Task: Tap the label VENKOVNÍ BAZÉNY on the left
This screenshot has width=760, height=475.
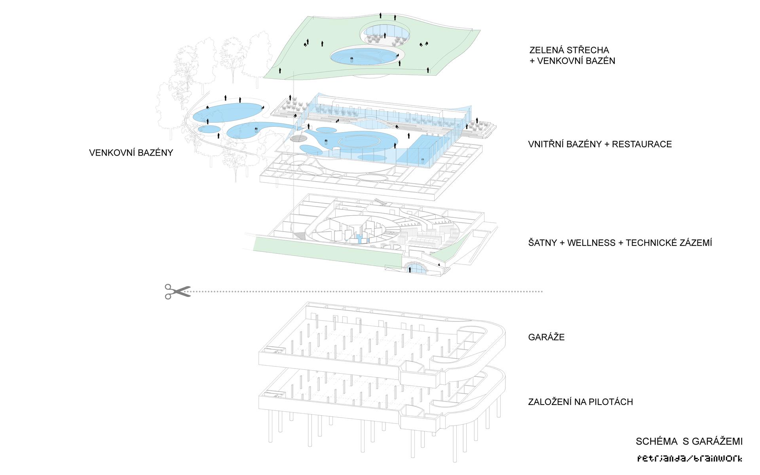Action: point(131,153)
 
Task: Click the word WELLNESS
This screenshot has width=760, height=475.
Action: point(591,243)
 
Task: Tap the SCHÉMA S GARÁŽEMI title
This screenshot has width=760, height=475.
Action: point(689,441)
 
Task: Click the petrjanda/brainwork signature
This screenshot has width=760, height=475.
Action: point(689,459)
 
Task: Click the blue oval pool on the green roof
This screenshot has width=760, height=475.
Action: point(363,56)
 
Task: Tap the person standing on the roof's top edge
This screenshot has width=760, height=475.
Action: point(381,16)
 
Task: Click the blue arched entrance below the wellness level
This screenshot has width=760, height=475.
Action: point(416,269)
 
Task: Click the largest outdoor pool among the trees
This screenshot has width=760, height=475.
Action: point(227,113)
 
